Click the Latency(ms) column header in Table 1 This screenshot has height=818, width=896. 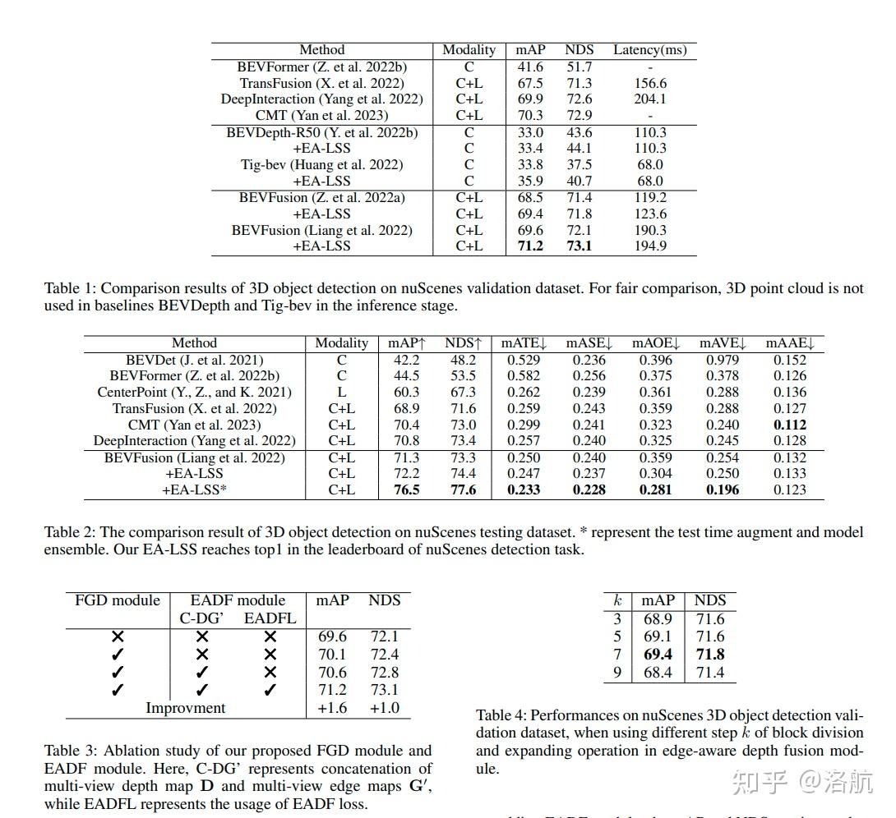[x=649, y=50]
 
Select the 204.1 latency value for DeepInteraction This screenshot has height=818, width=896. [x=650, y=99]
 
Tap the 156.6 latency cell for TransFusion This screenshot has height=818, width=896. [x=650, y=83]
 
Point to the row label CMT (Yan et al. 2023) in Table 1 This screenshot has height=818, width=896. [x=321, y=116]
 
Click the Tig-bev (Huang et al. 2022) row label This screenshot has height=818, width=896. [x=321, y=165]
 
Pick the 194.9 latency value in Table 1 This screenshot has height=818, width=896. [x=650, y=246]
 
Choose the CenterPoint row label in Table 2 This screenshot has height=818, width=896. [x=194, y=393]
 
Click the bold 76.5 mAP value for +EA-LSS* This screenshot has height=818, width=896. [x=404, y=490]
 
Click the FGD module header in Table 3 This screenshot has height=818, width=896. [x=118, y=600]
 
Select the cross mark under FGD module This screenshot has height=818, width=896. [x=118, y=636]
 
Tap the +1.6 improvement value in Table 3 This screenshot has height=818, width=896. [x=332, y=708]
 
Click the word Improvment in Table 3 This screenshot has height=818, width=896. [x=185, y=708]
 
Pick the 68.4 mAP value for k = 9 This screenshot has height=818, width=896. [x=658, y=673]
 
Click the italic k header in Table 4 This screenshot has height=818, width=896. [x=617, y=601]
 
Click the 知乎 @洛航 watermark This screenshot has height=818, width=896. [x=801, y=781]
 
